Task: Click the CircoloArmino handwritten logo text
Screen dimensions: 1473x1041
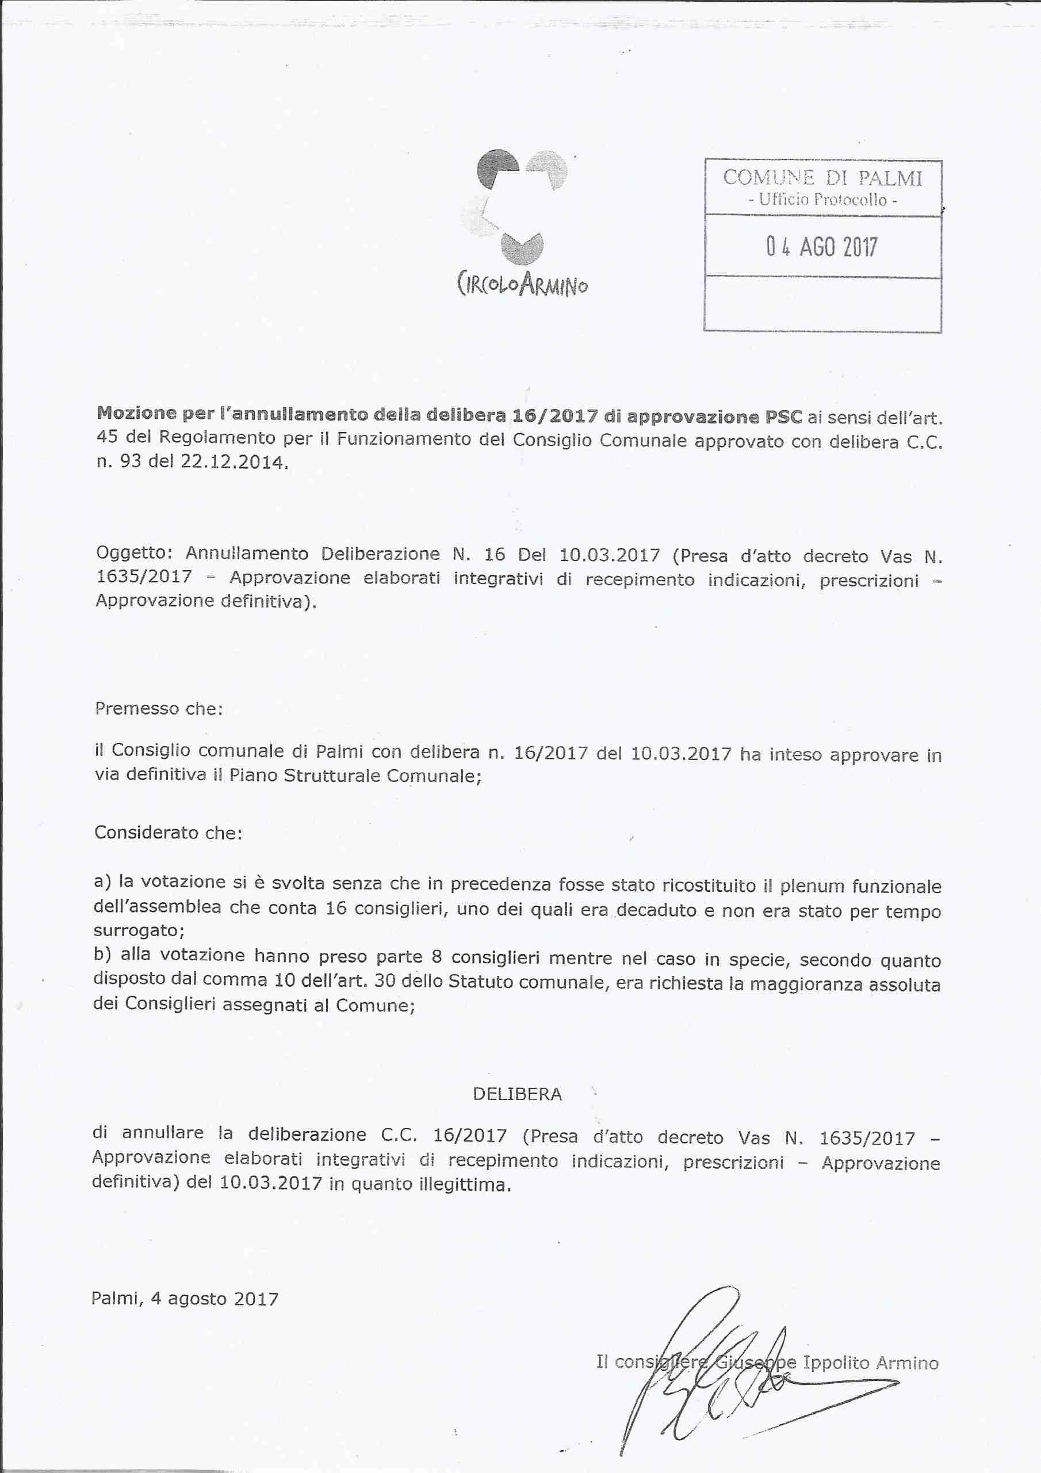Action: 522,284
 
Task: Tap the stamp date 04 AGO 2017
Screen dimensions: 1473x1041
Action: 822,247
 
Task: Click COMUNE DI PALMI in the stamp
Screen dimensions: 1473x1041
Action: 822,178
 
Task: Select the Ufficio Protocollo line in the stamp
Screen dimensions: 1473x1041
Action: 822,200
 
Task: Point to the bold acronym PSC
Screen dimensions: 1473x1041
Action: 783,417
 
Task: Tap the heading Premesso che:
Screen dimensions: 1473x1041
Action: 158,708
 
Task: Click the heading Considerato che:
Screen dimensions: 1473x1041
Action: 168,833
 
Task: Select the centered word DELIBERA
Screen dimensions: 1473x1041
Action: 517,1094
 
